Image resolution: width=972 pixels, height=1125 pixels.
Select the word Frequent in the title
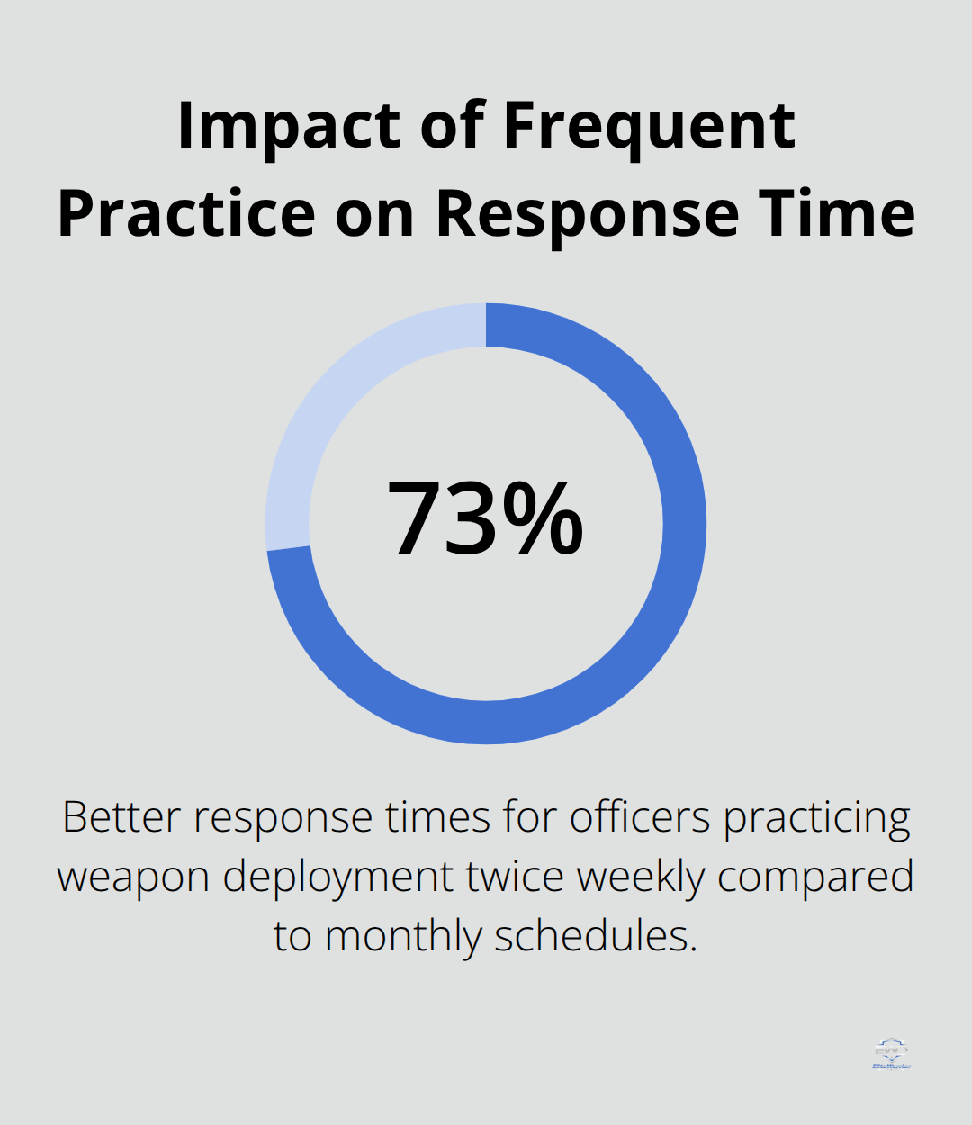coord(649,126)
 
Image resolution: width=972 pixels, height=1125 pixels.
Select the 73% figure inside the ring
coord(485,520)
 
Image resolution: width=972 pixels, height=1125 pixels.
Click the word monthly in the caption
coord(404,937)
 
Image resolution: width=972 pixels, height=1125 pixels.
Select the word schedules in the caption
coord(596,935)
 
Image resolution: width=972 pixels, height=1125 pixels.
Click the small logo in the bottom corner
coord(891,1054)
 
